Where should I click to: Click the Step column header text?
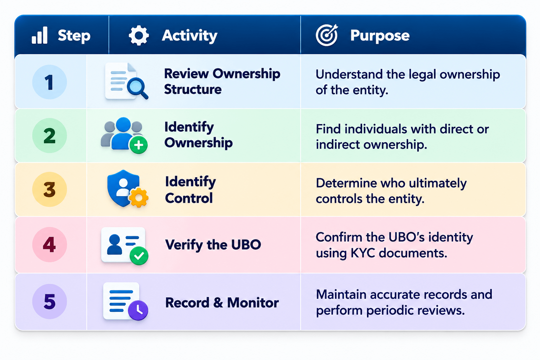point(74,36)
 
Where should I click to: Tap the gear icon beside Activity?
point(139,35)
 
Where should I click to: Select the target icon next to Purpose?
point(327,35)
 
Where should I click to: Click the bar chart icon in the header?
point(39,35)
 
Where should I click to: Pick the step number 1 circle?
point(50,82)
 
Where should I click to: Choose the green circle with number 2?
point(50,135)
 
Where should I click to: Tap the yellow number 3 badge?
point(50,189)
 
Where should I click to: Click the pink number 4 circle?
point(50,244)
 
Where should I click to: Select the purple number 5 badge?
point(50,301)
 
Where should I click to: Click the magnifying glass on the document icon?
point(137,88)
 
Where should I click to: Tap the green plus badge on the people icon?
point(139,145)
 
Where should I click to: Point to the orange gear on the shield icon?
point(139,197)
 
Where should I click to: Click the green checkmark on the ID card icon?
point(139,256)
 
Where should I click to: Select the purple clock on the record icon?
point(138,310)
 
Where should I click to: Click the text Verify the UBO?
point(213,245)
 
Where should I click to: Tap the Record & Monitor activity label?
point(222,303)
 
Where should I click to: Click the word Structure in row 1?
point(193,89)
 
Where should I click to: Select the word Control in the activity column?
point(189,198)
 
